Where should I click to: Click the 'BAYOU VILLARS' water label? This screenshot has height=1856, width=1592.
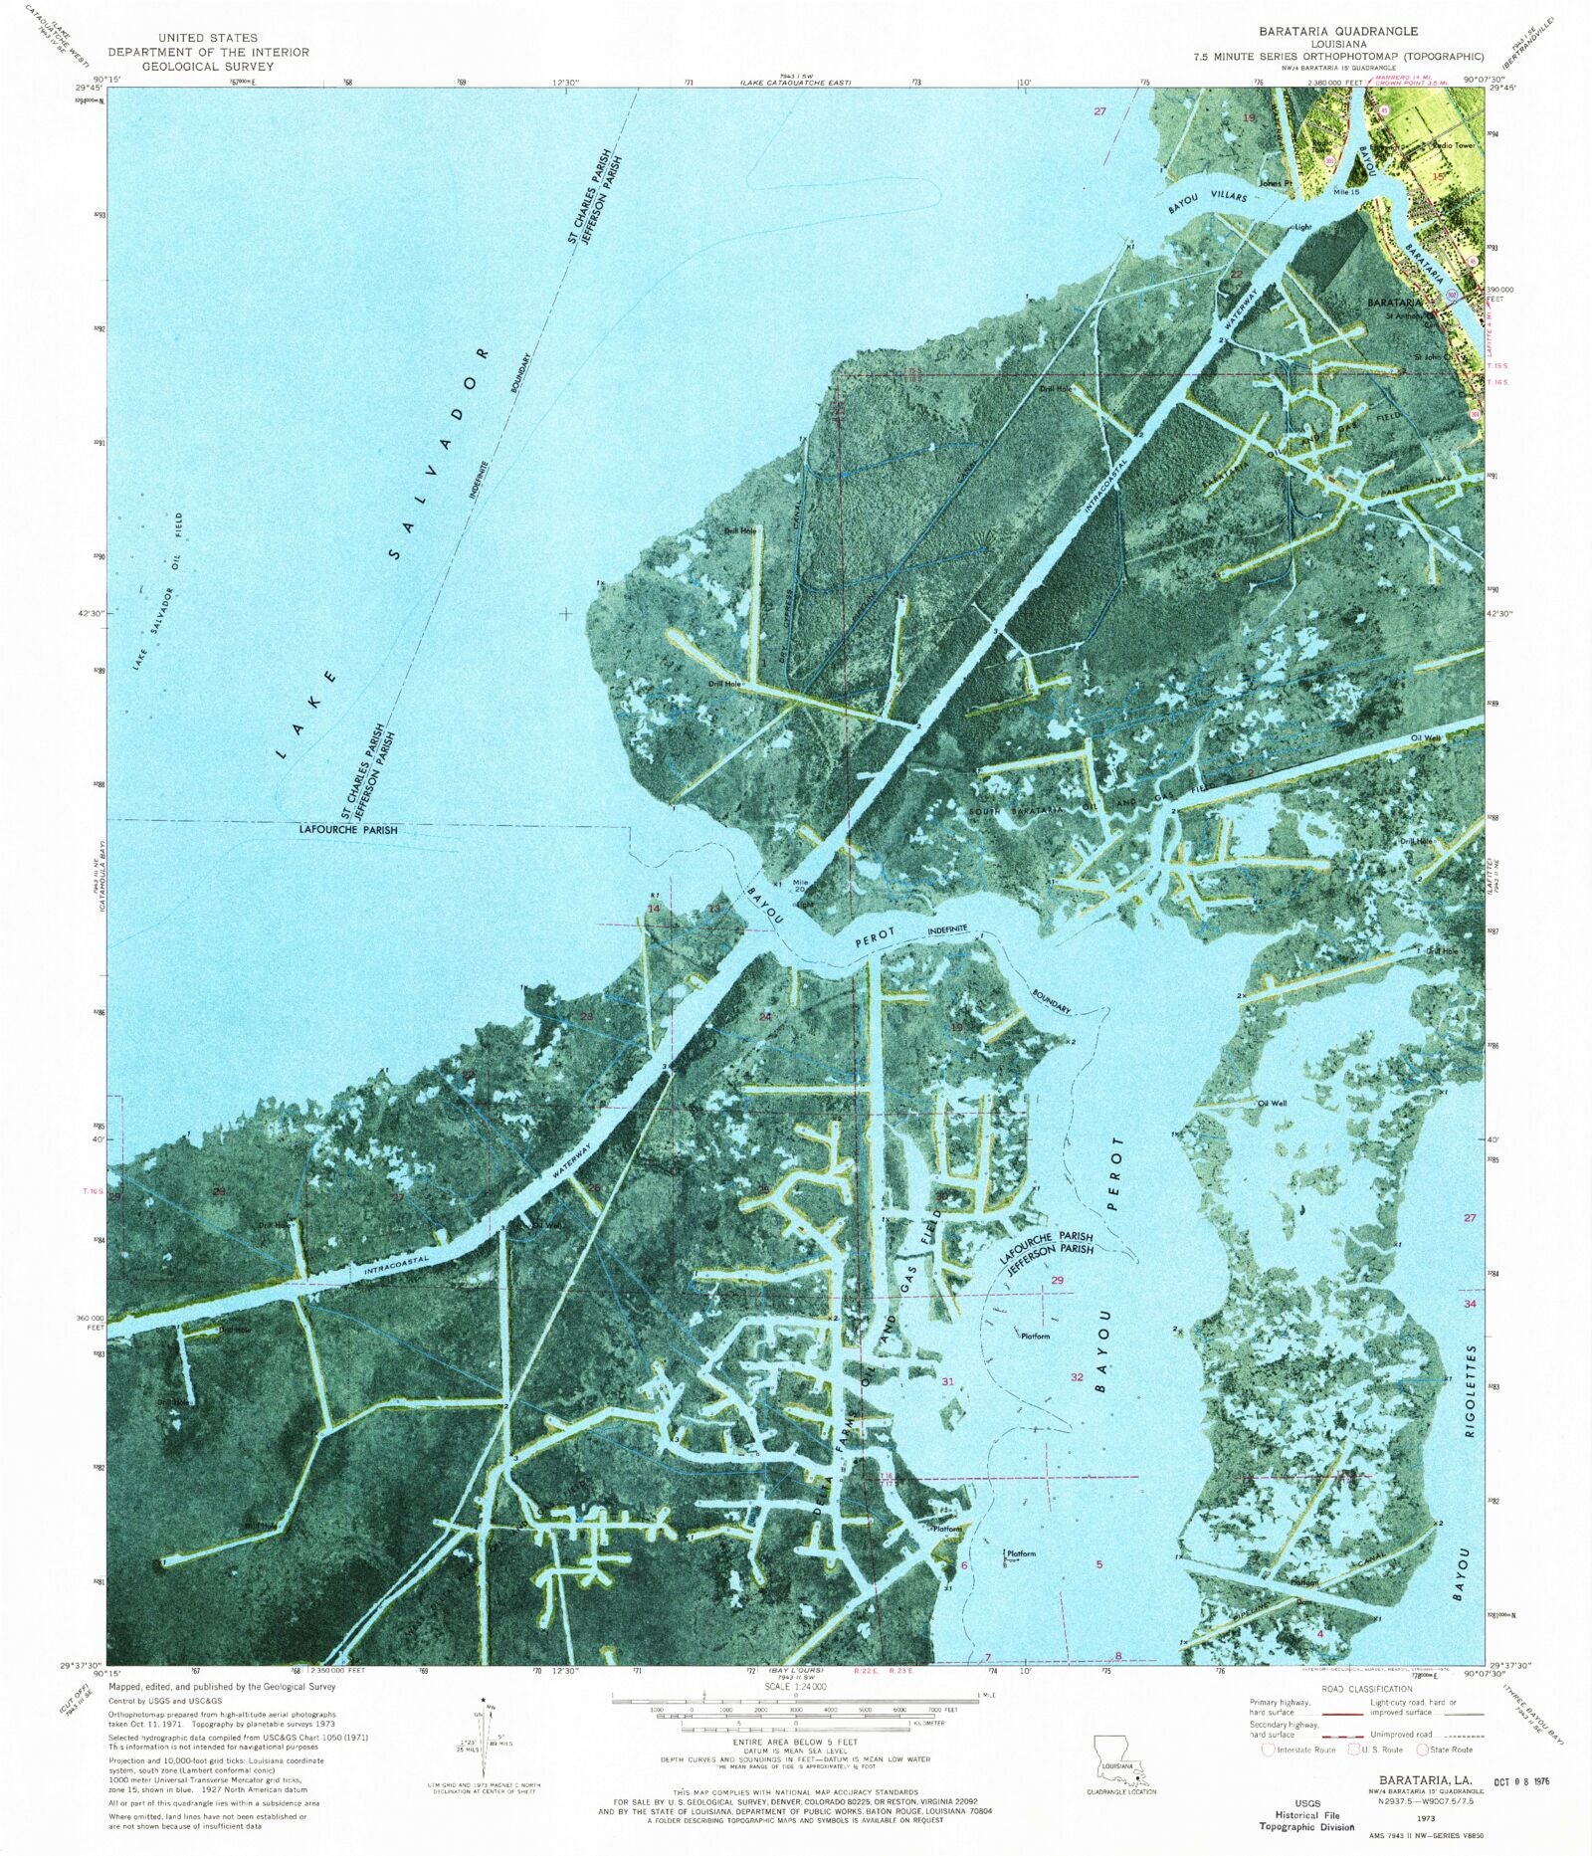point(1207,203)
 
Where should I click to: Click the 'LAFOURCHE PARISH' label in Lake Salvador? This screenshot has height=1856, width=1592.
point(347,830)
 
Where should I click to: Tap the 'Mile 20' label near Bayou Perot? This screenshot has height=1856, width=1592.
point(801,886)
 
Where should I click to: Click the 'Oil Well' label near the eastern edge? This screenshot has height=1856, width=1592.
point(1426,737)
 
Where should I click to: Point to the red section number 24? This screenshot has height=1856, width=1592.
point(765,1017)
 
